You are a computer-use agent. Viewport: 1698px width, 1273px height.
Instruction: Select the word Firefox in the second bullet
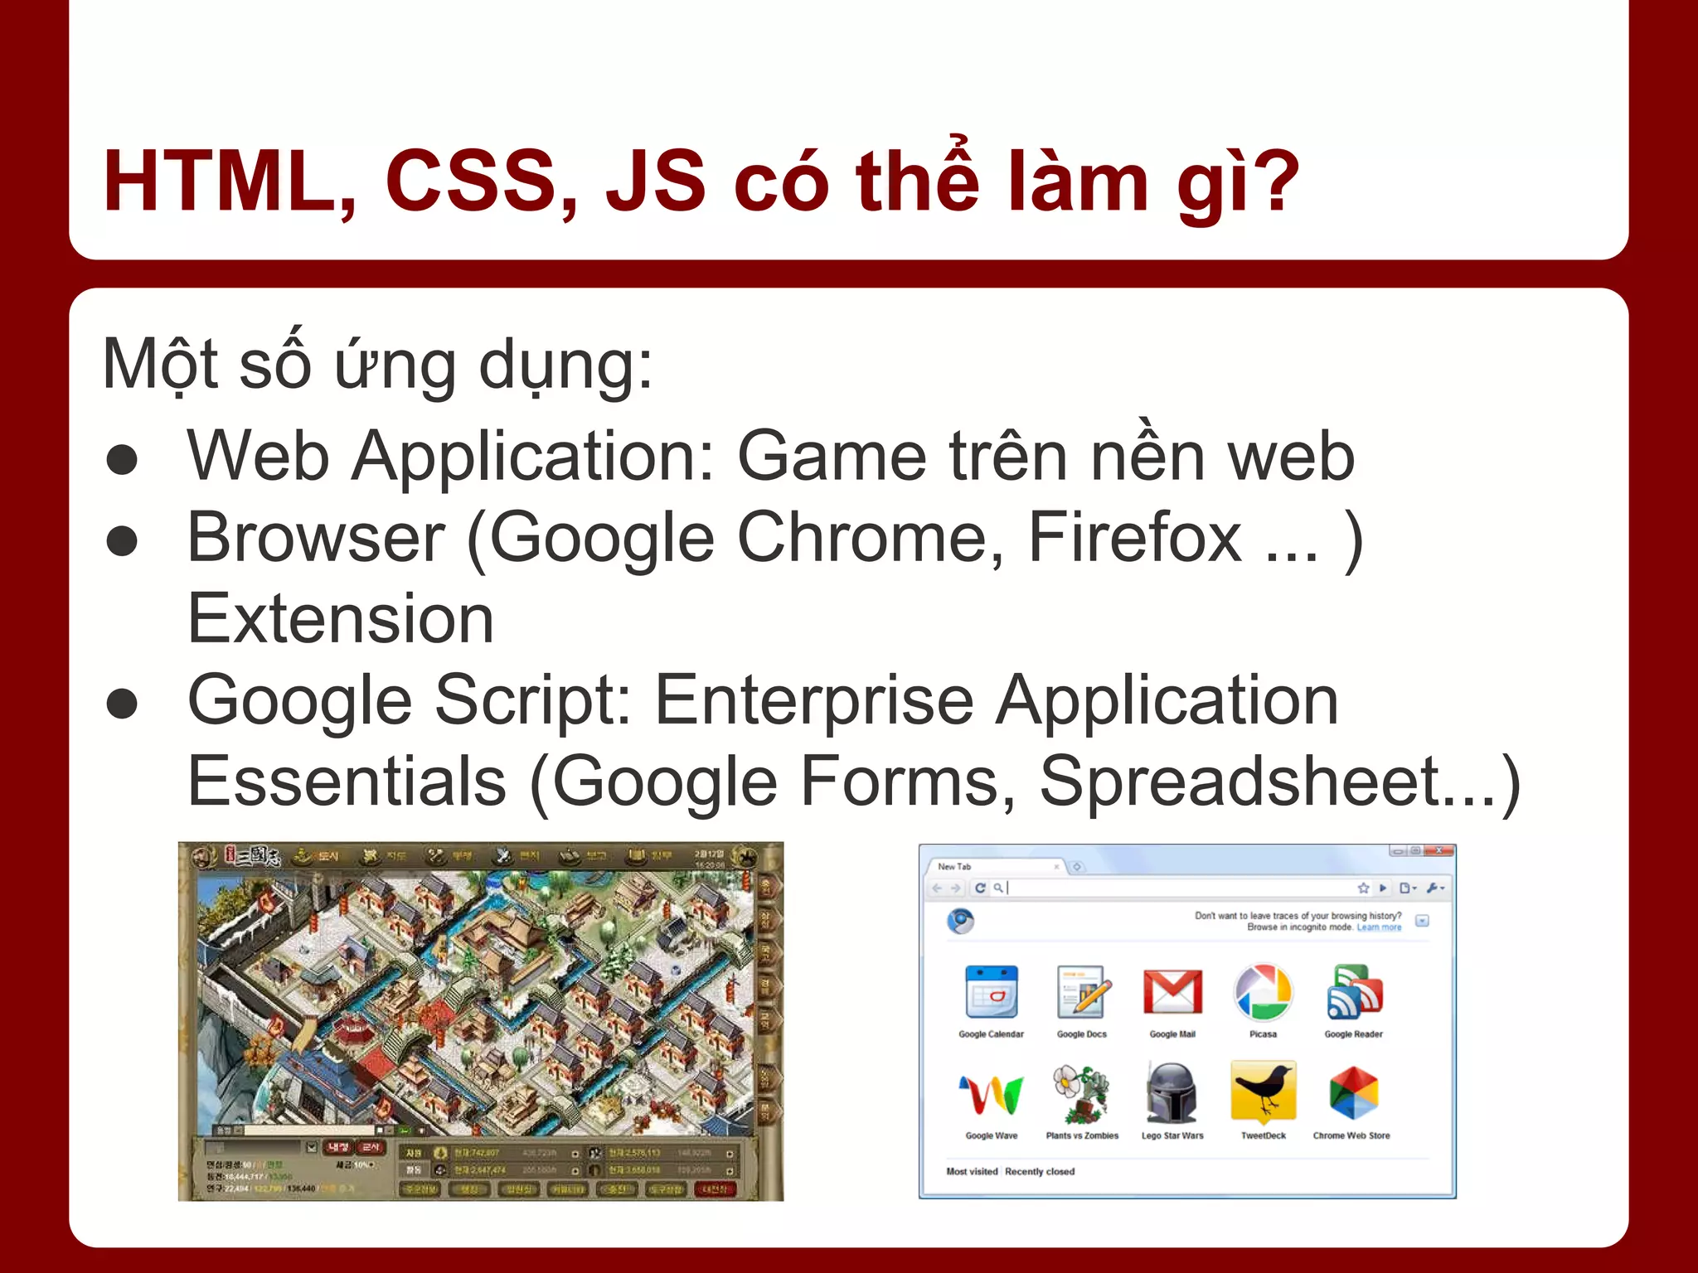[1134, 538]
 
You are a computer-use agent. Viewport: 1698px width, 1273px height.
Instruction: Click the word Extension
[340, 619]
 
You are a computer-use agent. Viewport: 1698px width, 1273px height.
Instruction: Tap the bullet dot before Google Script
[122, 704]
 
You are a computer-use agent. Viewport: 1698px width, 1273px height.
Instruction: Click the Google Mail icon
[1172, 992]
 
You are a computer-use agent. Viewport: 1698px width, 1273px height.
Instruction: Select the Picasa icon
[1263, 992]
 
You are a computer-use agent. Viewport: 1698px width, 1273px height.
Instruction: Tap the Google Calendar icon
[991, 992]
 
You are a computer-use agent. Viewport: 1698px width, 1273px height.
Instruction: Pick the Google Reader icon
[1353, 992]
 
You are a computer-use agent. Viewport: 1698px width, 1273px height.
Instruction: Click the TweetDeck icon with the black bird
[1263, 1092]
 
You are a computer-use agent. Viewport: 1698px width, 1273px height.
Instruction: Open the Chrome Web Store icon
[1352, 1092]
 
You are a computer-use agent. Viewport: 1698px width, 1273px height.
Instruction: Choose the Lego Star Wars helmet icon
[1172, 1092]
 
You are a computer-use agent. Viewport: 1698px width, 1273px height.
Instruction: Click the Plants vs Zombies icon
[1081, 1092]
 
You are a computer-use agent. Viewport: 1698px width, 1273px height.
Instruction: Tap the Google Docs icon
[1082, 992]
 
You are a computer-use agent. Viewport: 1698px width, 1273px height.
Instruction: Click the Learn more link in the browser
[1379, 927]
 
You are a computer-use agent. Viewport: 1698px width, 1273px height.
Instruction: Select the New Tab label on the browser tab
[954, 866]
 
